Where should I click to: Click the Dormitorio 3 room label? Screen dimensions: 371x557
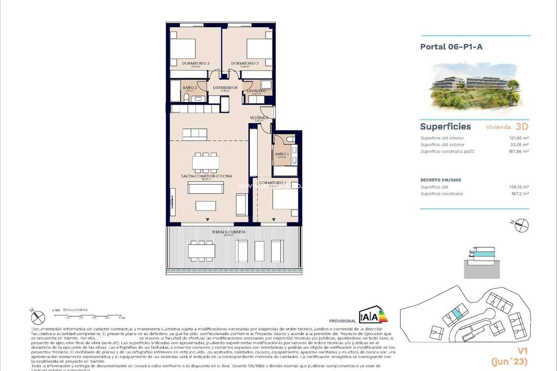(x=195, y=63)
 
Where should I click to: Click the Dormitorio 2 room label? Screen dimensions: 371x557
(x=244, y=63)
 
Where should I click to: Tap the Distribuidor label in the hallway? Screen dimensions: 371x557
(x=225, y=88)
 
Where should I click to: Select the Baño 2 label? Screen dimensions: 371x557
(x=190, y=88)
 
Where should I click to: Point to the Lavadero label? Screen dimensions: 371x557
(x=256, y=91)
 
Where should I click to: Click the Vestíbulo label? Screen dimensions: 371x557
(x=259, y=118)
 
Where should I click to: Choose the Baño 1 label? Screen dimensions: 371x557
(x=281, y=154)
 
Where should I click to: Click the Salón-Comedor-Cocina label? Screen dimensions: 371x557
(x=206, y=176)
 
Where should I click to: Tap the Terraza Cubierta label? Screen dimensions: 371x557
(x=228, y=232)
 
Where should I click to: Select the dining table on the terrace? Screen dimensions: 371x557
(x=202, y=251)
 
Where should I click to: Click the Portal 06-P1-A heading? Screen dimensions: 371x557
(x=451, y=46)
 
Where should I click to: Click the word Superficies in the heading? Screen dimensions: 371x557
(x=445, y=127)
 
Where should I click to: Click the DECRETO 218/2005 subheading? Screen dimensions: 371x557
(x=440, y=180)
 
